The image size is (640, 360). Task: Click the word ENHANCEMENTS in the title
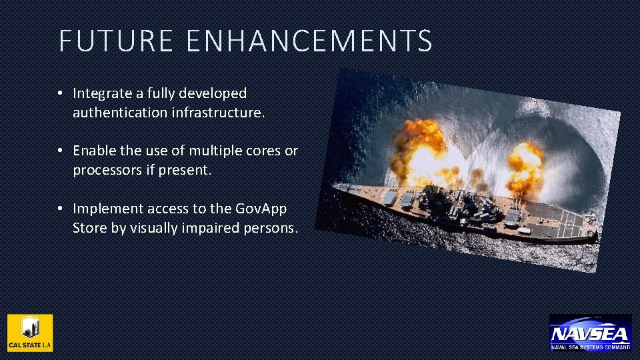click(309, 41)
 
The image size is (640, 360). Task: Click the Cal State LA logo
click(30, 333)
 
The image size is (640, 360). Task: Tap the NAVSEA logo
click(590, 333)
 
